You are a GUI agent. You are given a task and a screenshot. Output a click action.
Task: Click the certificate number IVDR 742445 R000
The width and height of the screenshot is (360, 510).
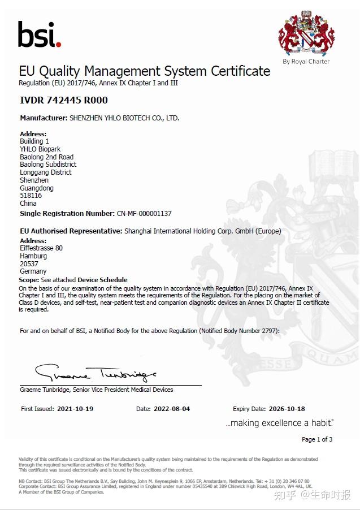click(63, 100)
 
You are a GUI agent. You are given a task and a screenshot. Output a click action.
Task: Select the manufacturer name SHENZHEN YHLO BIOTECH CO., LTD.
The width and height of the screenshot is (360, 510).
click(124, 118)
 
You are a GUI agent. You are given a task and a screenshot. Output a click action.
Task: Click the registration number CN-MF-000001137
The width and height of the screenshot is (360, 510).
click(144, 214)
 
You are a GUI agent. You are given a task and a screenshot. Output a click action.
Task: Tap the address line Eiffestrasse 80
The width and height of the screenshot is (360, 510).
click(41, 248)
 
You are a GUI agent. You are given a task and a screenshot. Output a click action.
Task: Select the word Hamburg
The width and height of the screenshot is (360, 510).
click(33, 256)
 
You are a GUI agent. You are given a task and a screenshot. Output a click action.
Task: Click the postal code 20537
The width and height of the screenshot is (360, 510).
click(28, 264)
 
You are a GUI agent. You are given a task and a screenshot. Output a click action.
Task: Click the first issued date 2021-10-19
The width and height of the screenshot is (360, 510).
click(76, 409)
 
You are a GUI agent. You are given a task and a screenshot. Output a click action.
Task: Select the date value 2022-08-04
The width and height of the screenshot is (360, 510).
click(172, 409)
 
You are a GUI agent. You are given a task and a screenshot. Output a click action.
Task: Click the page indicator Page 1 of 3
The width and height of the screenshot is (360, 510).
click(317, 439)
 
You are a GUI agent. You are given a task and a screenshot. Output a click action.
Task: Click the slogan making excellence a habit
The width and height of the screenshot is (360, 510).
click(280, 423)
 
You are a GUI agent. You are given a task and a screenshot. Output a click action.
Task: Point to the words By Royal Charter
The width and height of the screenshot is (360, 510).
click(306, 62)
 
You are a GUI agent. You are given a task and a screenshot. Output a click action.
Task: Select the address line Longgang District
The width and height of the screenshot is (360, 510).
click(46, 172)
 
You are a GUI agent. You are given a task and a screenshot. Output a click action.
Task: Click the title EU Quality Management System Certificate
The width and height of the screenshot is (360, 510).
click(145, 71)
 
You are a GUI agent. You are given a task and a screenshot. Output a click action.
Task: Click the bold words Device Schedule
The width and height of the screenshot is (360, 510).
click(102, 280)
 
